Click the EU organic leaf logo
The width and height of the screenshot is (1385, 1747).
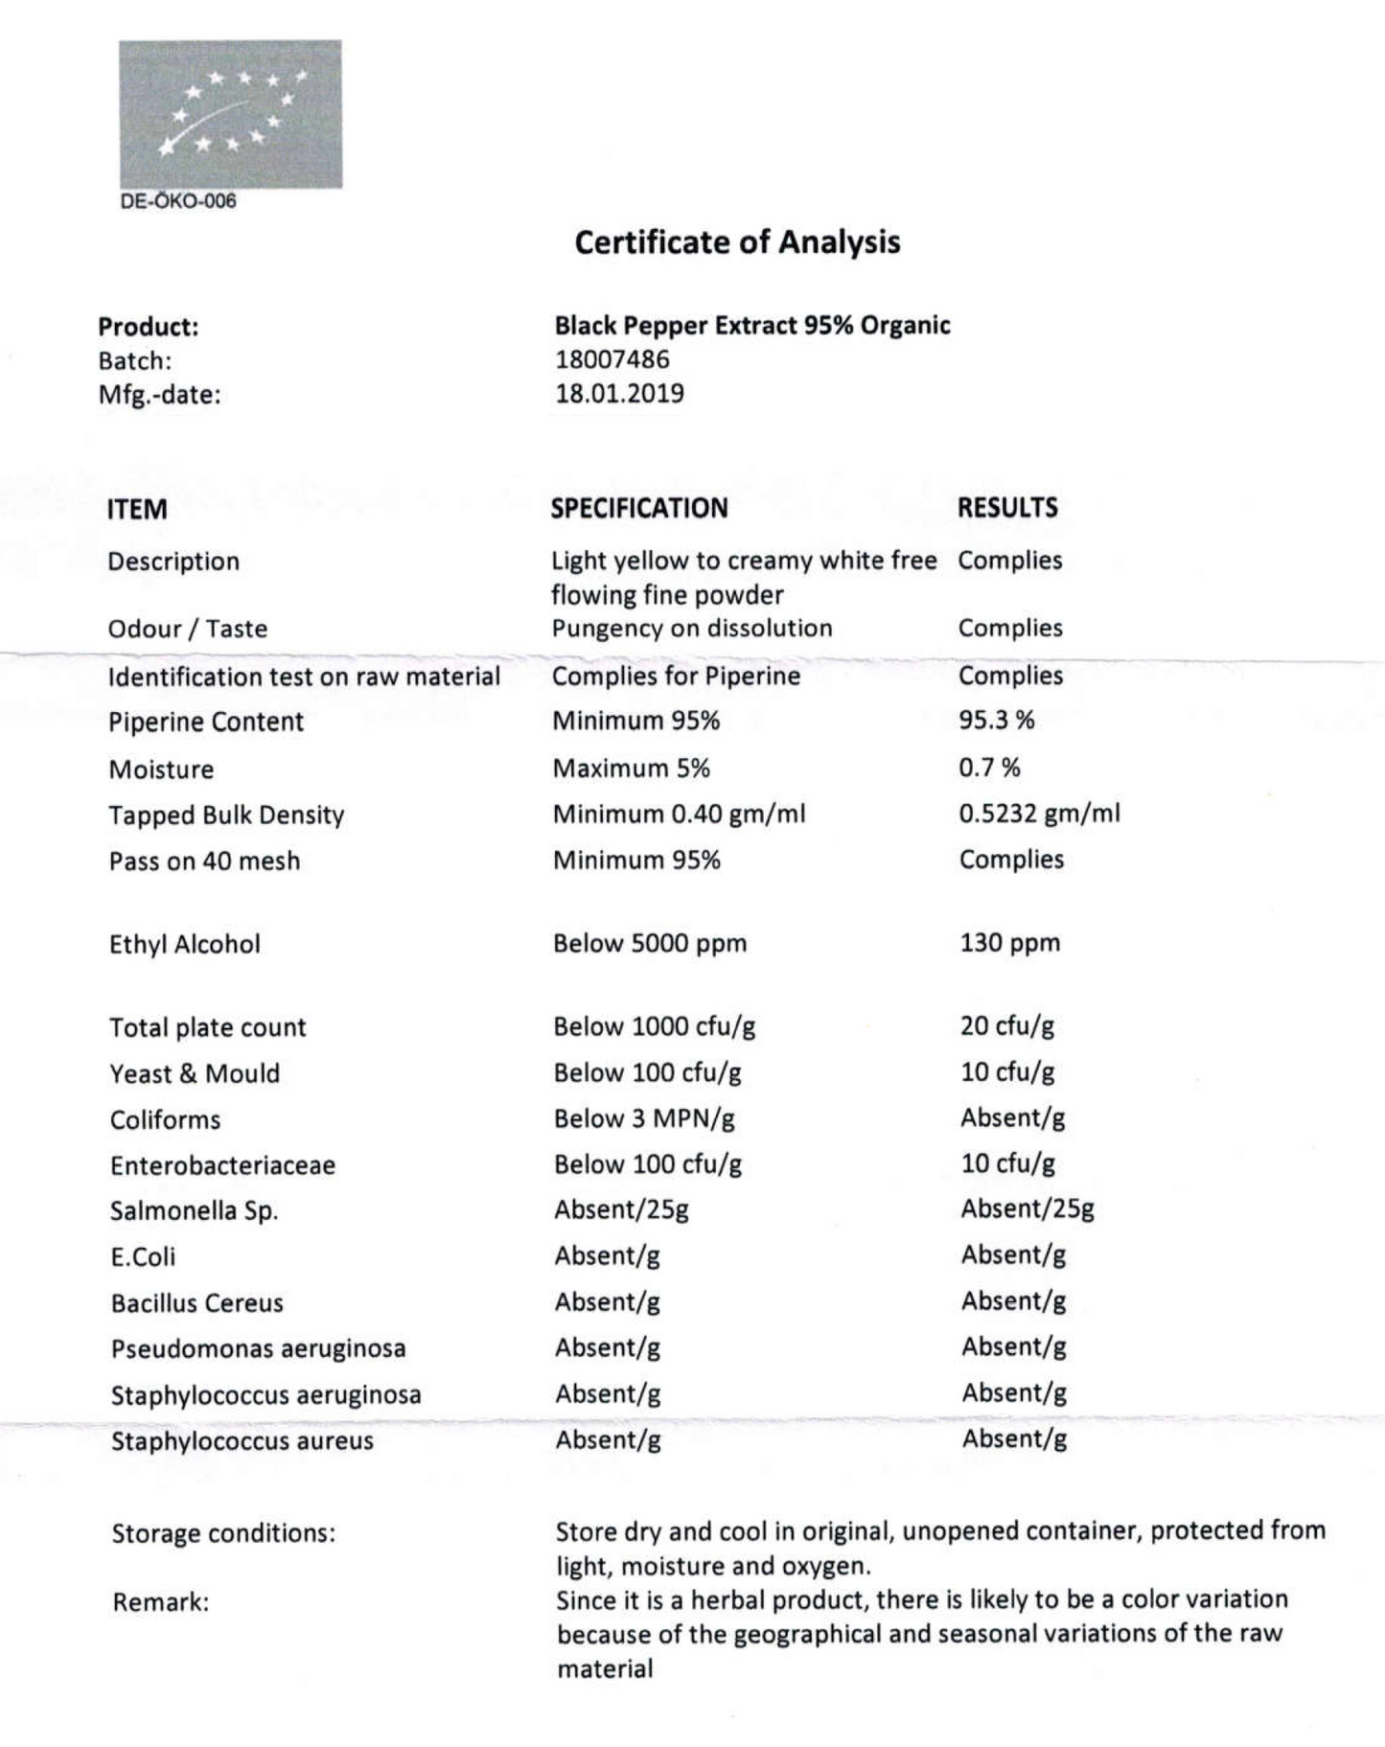pyautogui.click(x=230, y=114)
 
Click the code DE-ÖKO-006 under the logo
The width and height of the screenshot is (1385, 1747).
pyautogui.click(x=178, y=201)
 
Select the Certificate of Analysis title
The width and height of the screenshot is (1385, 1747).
pyautogui.click(x=737, y=241)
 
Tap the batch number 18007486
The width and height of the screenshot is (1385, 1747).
pyautogui.click(x=612, y=359)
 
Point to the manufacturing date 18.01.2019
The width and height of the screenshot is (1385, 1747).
pyautogui.click(x=619, y=394)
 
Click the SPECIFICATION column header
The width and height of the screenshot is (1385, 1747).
pyautogui.click(x=639, y=508)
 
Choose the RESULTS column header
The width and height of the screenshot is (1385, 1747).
pyautogui.click(x=1007, y=507)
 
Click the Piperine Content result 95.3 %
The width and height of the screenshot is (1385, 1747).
pyautogui.click(x=997, y=720)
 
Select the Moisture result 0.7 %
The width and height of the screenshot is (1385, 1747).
pyautogui.click(x=989, y=767)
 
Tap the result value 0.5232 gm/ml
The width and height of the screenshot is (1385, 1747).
pyautogui.click(x=1039, y=813)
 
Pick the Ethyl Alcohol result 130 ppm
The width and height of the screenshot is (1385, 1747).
pyautogui.click(x=1010, y=942)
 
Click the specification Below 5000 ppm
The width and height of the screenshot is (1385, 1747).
pyautogui.click(x=650, y=943)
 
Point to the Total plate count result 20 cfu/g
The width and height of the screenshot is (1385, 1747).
pyautogui.click(x=1007, y=1025)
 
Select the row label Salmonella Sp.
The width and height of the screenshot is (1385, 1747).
pyautogui.click(x=194, y=1210)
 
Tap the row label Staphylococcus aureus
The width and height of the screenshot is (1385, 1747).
pyautogui.click(x=242, y=1440)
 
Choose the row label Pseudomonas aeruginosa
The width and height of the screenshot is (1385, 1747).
pyautogui.click(x=258, y=1348)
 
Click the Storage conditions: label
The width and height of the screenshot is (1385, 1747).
pyautogui.click(x=223, y=1533)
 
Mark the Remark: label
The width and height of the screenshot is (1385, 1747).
pyautogui.click(x=160, y=1601)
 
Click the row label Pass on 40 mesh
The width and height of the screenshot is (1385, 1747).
pyautogui.click(x=204, y=861)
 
